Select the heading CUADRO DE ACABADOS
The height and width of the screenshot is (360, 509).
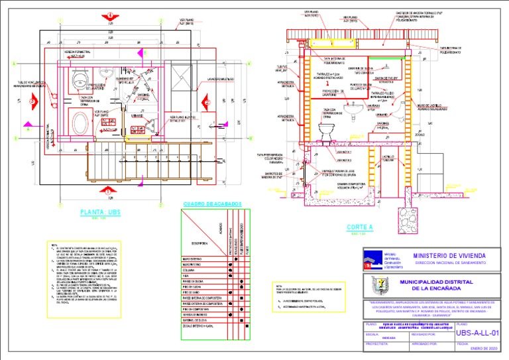(212, 204)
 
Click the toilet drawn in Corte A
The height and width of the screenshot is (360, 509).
(325, 135)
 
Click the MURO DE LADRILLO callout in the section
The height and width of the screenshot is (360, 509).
(416, 105)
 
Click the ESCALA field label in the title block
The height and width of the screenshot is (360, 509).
(372, 335)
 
